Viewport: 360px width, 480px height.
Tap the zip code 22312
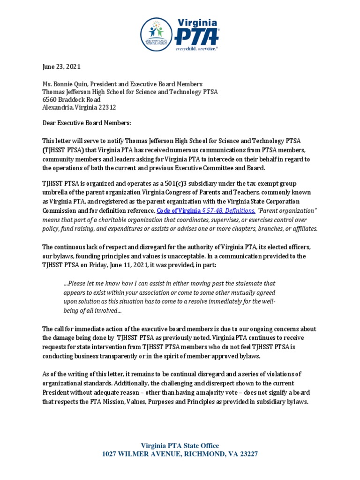106,107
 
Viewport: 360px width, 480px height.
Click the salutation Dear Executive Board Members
87,123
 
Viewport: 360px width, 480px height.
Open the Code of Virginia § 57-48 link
206,211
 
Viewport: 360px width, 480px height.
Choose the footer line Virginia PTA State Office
180,446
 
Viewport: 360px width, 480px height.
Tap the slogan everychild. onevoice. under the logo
197,48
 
